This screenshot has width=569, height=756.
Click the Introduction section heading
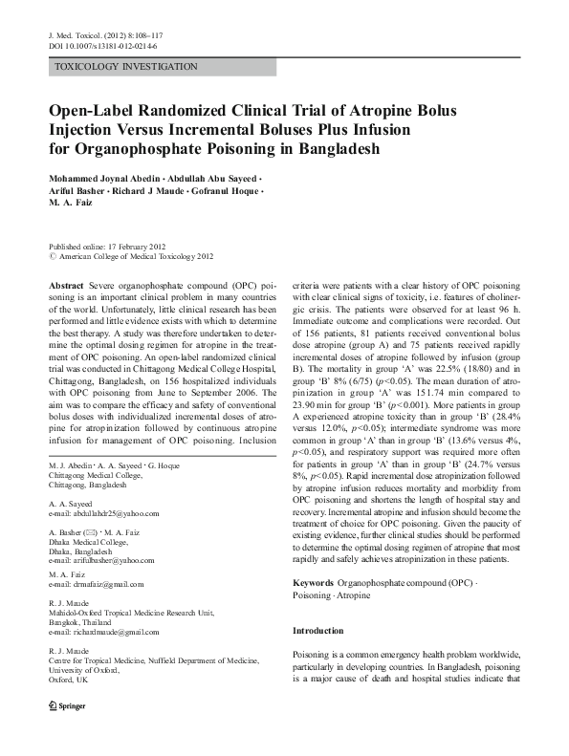[x=317, y=632]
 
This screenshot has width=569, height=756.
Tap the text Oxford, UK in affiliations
[x=68, y=682]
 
